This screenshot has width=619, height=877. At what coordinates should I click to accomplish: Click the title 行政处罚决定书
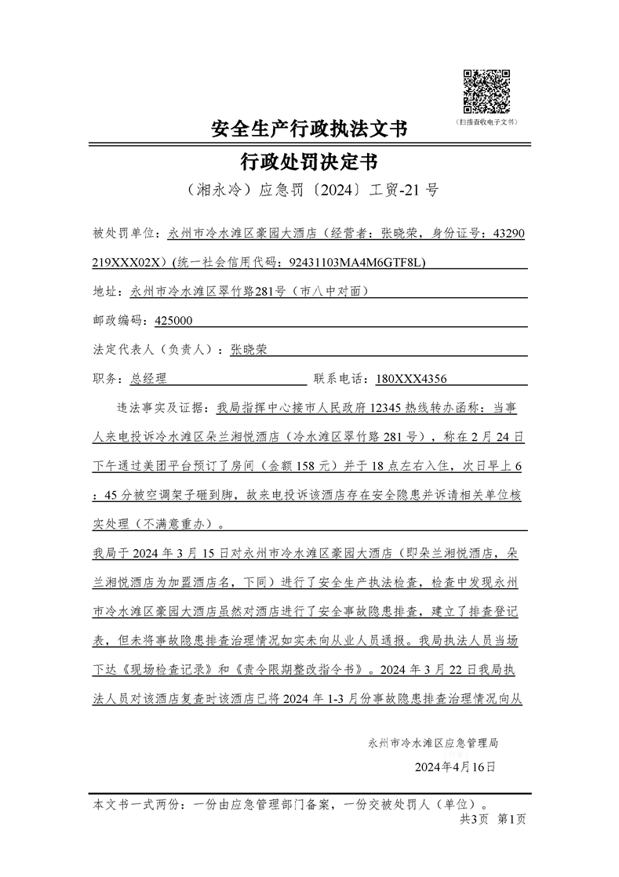tap(310, 162)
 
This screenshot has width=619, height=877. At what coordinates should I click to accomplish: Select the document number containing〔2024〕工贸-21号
tap(310, 191)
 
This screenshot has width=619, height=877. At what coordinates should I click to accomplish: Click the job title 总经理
tap(148, 379)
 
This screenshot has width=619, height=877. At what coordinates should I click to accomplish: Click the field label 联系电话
tap(340, 379)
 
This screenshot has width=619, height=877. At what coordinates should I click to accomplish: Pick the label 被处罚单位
tap(125, 233)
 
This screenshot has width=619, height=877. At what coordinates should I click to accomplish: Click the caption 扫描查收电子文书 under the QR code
tap(486, 122)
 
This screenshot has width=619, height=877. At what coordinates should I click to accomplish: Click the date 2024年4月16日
tap(455, 766)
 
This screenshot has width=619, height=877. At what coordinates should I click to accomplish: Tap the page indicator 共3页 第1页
tap(493, 819)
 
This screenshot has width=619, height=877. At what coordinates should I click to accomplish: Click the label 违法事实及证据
tap(158, 408)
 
